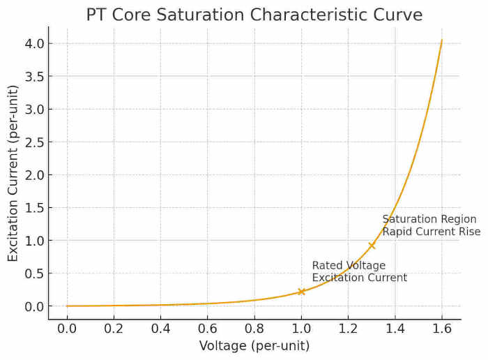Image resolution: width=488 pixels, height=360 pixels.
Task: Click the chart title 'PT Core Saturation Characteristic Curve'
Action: tap(254, 15)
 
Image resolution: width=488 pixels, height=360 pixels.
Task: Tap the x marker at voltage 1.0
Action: tap(301, 292)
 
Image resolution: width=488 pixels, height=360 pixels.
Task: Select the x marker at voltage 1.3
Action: tap(372, 246)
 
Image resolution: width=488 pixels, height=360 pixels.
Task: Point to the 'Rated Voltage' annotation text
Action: tap(349, 266)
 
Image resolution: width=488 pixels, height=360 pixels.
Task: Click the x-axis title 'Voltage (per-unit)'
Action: tap(254, 346)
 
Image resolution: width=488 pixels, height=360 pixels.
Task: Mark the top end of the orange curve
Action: tap(441, 40)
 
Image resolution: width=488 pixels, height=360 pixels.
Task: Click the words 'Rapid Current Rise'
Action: tap(431, 232)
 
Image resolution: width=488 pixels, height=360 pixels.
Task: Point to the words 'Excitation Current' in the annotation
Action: tap(359, 278)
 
